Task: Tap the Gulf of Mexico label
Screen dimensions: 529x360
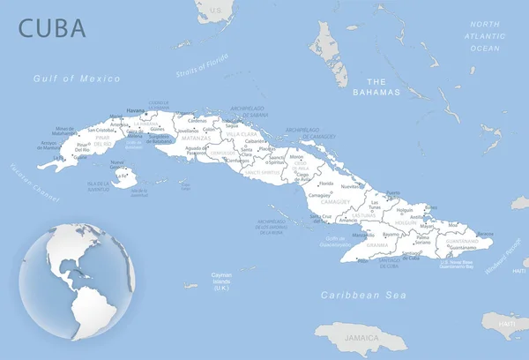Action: tap(77, 79)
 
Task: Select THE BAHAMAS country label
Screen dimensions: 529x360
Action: tap(376, 86)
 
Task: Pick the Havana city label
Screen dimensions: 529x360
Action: tap(136, 110)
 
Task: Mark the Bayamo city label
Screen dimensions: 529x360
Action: tap(391, 234)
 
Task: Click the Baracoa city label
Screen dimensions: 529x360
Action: tap(483, 233)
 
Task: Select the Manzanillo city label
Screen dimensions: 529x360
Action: tap(363, 236)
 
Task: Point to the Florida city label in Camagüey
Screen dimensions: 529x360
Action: tap(326, 183)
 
